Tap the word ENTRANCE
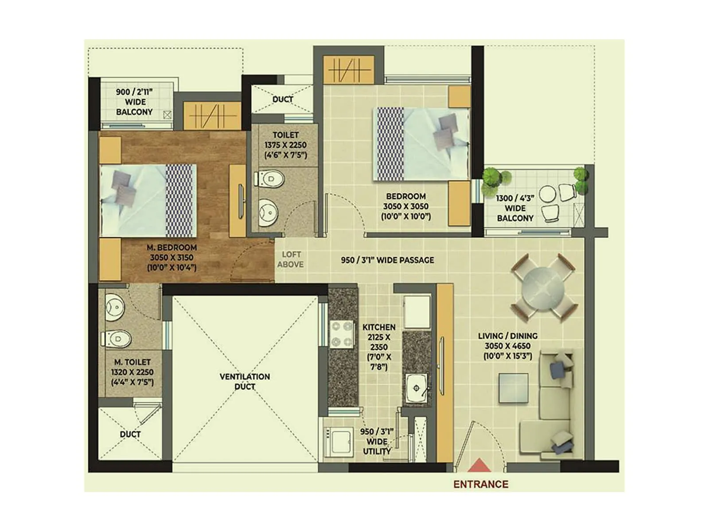tap(480, 485)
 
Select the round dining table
tap(543, 288)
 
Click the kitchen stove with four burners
tap(342, 334)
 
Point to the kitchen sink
tap(417, 388)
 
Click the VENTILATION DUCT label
tap(245, 381)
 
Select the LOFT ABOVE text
tap(291, 259)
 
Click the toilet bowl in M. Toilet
tap(117, 339)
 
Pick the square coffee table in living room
tap(513, 388)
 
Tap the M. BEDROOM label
tap(171, 257)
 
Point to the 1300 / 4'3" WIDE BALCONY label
tap(515, 208)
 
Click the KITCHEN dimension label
tap(378, 347)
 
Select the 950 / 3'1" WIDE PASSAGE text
tap(387, 260)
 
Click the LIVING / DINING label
tap(507, 346)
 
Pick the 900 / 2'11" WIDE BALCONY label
tap(134, 102)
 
